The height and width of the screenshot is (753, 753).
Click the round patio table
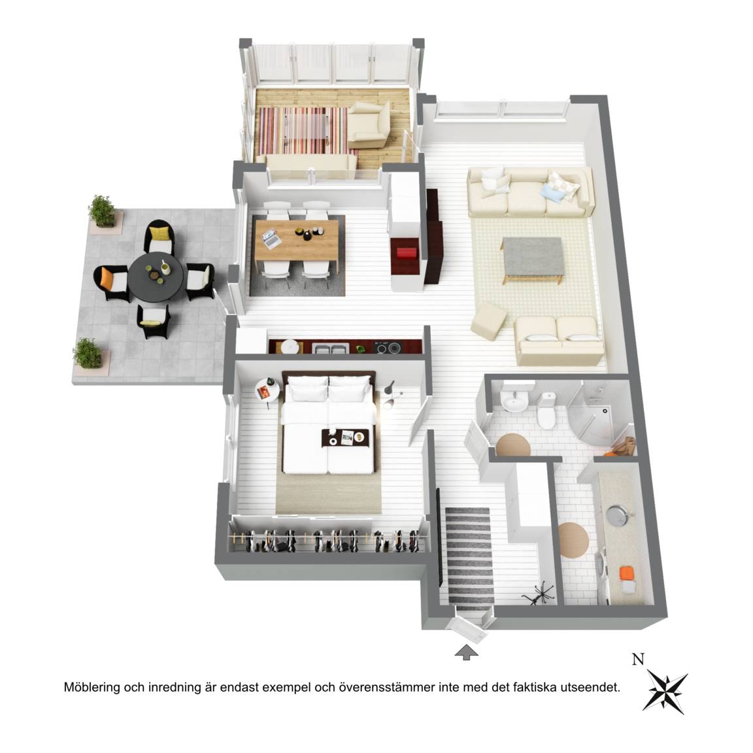pyautogui.click(x=156, y=276)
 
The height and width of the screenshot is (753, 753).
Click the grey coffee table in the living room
pyautogui.click(x=533, y=259)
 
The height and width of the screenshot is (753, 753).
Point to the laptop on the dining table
pyautogui.click(x=272, y=239)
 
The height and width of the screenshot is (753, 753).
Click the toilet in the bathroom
pyautogui.click(x=546, y=410)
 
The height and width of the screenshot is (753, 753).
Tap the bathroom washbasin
pyautogui.click(x=513, y=401)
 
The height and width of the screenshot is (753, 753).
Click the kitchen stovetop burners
pyautogui.click(x=388, y=347)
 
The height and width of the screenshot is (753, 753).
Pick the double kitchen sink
pyautogui.click(x=330, y=347)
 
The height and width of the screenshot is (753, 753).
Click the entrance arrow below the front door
pyautogui.click(x=466, y=652)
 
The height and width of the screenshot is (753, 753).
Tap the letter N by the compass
pyautogui.click(x=638, y=660)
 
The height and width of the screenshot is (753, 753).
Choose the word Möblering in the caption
pyautogui.click(x=92, y=687)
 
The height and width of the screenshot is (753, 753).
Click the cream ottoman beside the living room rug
pyautogui.click(x=488, y=321)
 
